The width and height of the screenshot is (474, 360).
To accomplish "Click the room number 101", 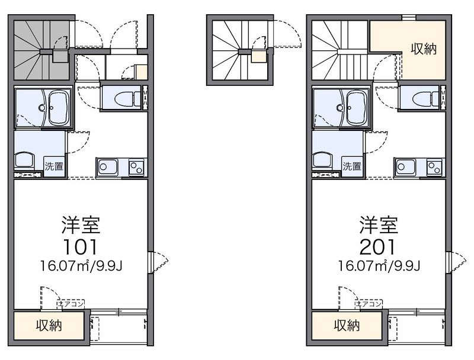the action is tap(80, 247).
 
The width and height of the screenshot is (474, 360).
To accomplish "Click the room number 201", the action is tap(378, 247).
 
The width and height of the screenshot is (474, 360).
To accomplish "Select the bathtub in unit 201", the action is tap(357, 108).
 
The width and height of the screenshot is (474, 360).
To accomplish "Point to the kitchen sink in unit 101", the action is tap(107, 167).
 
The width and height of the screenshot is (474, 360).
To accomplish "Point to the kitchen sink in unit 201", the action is tap(405, 167).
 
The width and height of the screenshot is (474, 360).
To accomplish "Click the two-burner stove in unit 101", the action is tap(136, 168).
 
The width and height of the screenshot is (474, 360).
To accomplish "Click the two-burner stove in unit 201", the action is tap(434, 168).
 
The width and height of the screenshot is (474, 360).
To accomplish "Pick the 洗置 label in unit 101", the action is tap(54, 166).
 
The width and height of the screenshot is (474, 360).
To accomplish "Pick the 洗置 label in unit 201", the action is tap(352, 166).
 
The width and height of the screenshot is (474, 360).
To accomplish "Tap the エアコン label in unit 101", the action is tap(71, 304).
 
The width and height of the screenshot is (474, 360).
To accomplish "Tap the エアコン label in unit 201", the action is tap(369, 304).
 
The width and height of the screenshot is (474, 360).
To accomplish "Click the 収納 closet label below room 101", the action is tap(49, 325).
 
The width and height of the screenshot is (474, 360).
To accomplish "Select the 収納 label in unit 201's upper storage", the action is tap(424, 49).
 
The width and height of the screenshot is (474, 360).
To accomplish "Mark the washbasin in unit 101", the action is tap(25, 159).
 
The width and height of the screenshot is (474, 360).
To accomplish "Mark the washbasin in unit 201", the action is tap(323, 159).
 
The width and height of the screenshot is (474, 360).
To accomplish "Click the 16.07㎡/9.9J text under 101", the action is tap(81, 265).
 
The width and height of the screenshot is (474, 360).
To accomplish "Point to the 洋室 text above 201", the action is tap(379, 225).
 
